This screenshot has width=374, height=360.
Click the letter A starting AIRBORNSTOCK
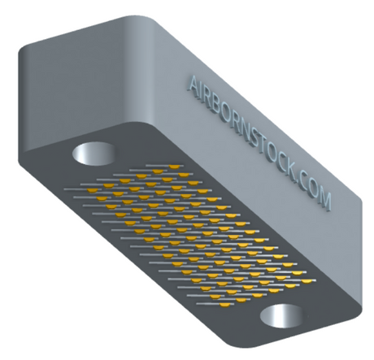(194, 84)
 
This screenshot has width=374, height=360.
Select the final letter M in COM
(324, 201)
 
